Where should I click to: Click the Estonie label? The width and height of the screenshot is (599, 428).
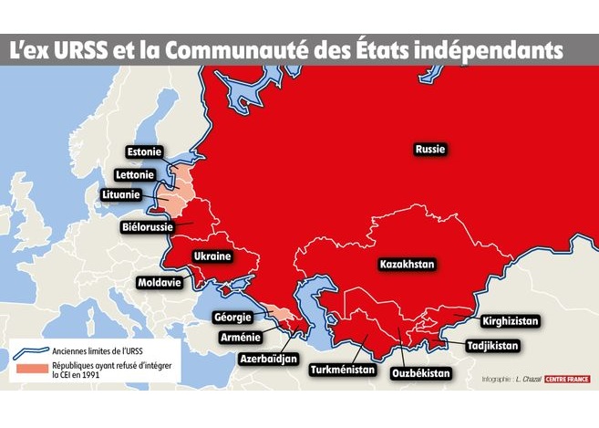pos(144,151)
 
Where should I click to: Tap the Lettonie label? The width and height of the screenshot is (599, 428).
pos(136,174)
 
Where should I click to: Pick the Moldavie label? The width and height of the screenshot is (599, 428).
pos(160,283)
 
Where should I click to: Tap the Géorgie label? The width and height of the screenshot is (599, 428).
pos(232,318)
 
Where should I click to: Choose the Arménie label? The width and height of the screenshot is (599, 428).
pos(241,338)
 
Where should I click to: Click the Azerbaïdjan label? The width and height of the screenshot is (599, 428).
pos(269,359)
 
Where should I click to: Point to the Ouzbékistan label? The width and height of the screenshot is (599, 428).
pos(421,373)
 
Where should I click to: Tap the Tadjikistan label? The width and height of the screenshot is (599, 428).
pos(492,346)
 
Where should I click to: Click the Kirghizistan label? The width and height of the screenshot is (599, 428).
pos(511,321)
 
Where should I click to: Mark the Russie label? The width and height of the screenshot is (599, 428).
pos(430,149)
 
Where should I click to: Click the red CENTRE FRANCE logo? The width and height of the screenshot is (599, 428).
pos(567,379)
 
